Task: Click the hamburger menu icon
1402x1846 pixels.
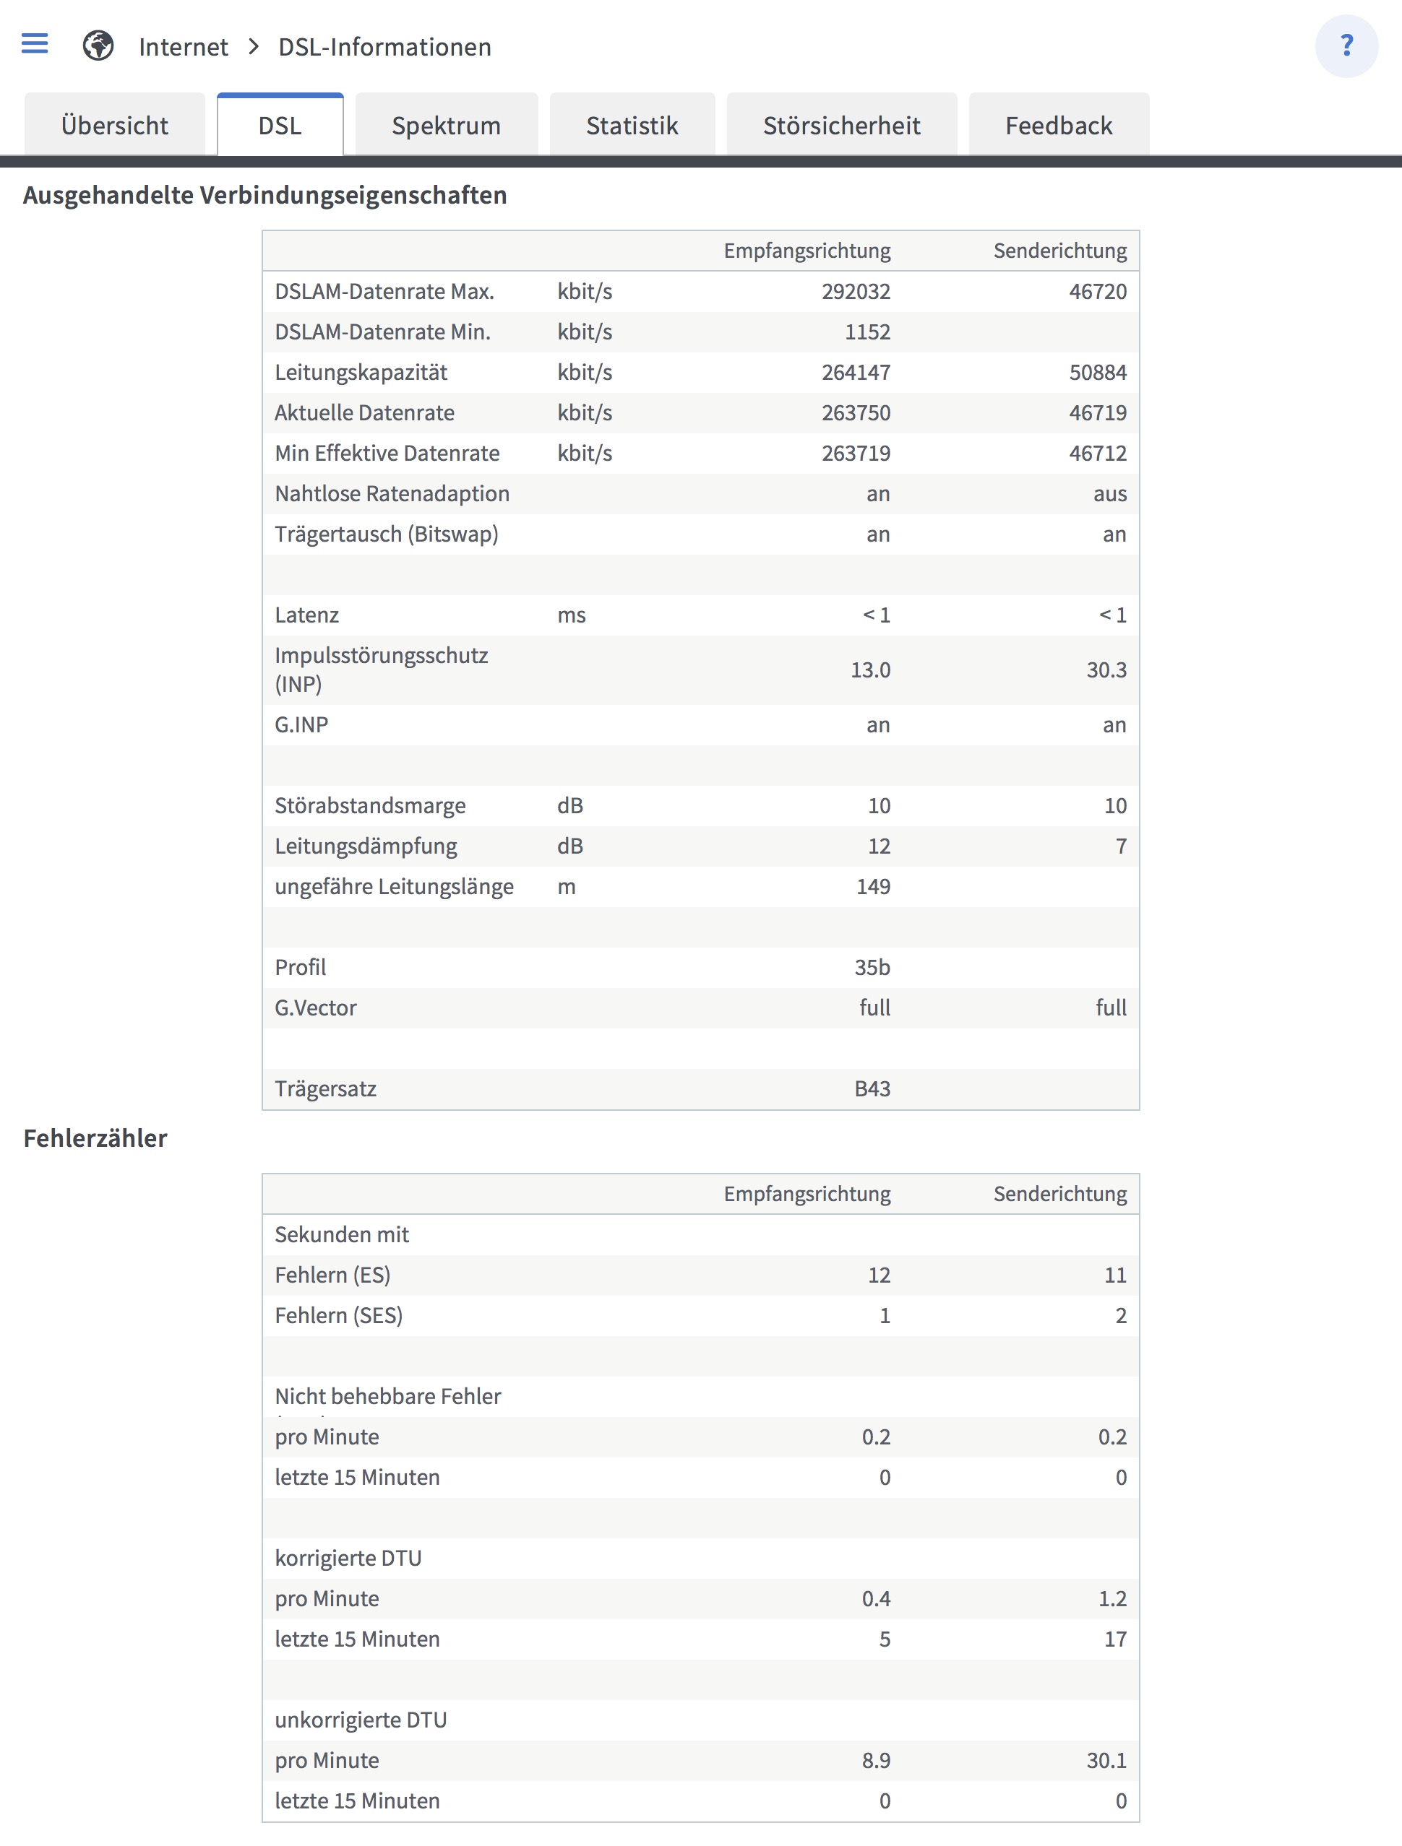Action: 34,43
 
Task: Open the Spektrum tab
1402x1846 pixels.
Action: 446,125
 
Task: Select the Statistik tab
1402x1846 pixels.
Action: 632,125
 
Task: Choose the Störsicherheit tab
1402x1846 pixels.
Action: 841,125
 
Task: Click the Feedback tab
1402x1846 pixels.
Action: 1058,125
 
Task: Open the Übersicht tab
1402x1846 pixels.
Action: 114,125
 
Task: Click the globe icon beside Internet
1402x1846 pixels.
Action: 98,46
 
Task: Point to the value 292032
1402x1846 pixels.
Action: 855,291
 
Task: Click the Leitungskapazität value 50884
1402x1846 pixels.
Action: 1097,372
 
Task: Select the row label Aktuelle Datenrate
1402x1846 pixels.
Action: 364,412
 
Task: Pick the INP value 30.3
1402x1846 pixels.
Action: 1106,669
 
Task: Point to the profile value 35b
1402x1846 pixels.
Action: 872,967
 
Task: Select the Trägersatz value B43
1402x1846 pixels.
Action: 872,1088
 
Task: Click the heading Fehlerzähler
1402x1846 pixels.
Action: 95,1138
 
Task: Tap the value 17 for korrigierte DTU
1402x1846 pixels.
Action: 1115,1639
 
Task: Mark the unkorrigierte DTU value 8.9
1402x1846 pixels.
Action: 876,1760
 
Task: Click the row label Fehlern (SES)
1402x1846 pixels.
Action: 338,1315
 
